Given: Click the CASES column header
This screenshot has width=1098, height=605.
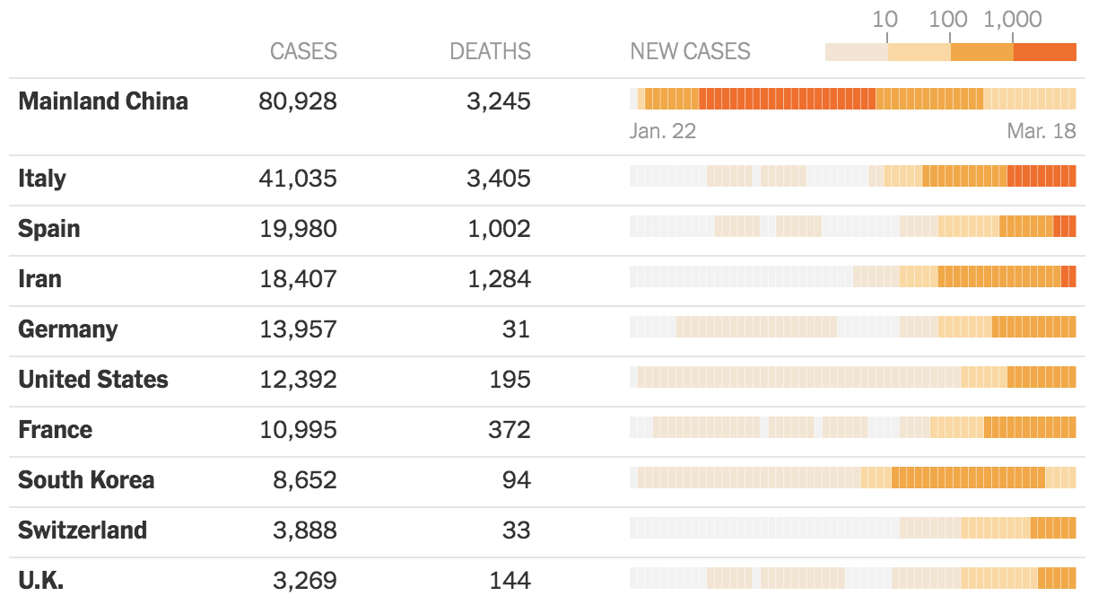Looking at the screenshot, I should pyautogui.click(x=303, y=51).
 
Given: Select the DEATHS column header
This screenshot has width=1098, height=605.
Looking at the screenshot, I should pyautogui.click(x=490, y=51).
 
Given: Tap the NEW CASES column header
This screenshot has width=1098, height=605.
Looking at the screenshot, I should pyautogui.click(x=690, y=51).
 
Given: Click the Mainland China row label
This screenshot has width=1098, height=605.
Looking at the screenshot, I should pyautogui.click(x=103, y=101).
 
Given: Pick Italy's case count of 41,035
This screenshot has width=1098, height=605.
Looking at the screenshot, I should pyautogui.click(x=298, y=178).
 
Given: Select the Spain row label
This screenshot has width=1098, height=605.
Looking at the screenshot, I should pyautogui.click(x=49, y=228).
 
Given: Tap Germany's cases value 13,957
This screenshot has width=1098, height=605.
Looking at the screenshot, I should pyautogui.click(x=298, y=329).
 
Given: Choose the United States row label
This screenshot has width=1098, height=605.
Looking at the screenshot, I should pyautogui.click(x=93, y=379).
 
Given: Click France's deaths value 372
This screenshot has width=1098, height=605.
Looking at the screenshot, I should pyautogui.click(x=510, y=429).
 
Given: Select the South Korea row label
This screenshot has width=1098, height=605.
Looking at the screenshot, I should pyautogui.click(x=86, y=479).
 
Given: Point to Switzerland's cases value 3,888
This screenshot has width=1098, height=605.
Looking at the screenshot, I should pyautogui.click(x=304, y=530).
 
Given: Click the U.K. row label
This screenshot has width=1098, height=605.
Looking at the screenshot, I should pyautogui.click(x=41, y=580).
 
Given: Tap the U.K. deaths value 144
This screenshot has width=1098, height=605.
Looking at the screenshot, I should pyautogui.click(x=510, y=580).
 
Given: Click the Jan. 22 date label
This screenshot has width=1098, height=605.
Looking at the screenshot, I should pyautogui.click(x=663, y=131).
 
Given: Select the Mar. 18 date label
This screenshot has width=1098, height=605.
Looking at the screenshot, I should pyautogui.click(x=1041, y=131).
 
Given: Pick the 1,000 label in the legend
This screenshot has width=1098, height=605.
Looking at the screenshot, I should pyautogui.click(x=1013, y=19).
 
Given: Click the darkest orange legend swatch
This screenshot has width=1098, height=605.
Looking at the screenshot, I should pyautogui.click(x=1044, y=52).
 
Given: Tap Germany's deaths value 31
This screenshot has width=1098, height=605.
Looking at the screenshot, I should pyautogui.click(x=516, y=329).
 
